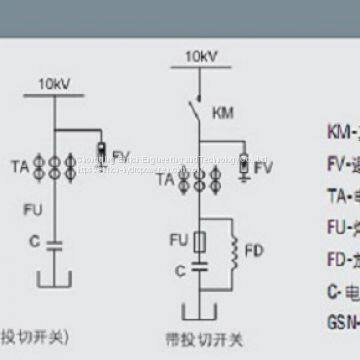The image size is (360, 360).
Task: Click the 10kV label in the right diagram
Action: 199,58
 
